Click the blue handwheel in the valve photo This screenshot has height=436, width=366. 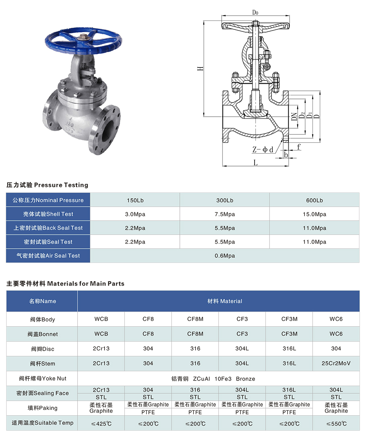83,42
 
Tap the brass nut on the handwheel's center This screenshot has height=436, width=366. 84,37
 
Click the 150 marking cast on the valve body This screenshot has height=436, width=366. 70,124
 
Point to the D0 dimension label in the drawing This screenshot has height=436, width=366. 255,12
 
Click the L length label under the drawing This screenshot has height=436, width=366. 255,162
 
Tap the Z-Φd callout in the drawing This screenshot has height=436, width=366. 263,150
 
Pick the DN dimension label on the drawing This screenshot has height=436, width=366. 294,116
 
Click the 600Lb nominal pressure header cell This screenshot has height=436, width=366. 314,200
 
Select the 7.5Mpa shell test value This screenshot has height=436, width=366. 225,214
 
